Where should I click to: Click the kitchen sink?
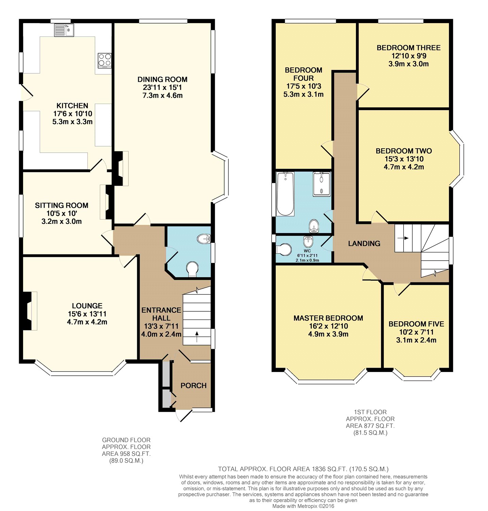[64, 30]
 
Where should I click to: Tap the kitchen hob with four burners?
[104, 60]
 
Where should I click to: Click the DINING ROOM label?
[162, 79]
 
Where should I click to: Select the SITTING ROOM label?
[62, 205]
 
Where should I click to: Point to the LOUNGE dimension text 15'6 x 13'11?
[87, 314]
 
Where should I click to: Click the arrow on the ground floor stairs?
[197, 337]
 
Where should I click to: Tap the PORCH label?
[194, 386]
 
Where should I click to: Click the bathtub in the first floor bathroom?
[285, 194]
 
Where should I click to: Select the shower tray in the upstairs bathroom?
[322, 184]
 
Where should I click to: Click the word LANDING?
[364, 244]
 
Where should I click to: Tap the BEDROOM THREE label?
[409, 48]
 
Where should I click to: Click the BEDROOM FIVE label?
[416, 324]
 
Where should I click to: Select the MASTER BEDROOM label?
[328, 318]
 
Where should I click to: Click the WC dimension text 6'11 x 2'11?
[307, 255]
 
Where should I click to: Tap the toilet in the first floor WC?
[284, 249]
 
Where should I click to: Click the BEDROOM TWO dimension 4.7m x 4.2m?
[404, 167]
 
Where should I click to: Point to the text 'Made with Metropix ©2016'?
[303, 506]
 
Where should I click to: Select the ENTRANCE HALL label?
[161, 314]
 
